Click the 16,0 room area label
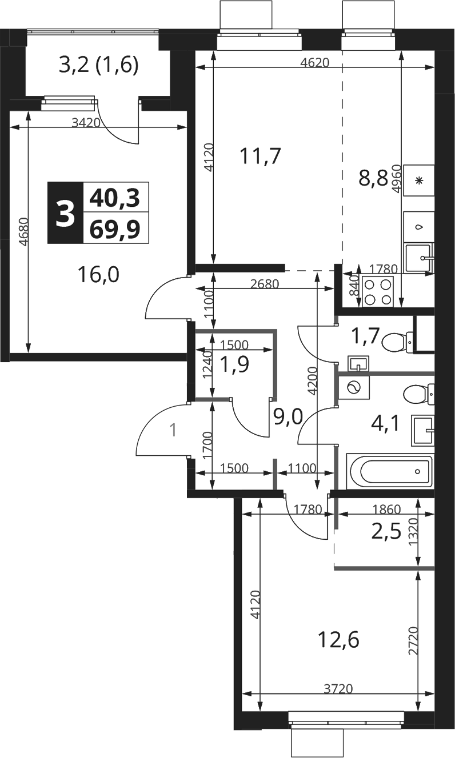98,274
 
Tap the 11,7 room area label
260,157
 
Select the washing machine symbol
354,388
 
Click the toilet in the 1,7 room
398,342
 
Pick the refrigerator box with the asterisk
419,181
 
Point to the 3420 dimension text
86,122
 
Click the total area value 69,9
115,228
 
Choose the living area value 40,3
115,198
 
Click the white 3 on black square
65,213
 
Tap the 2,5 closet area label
386,532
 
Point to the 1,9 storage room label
234,364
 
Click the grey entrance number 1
173,431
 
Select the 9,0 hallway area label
288,416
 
